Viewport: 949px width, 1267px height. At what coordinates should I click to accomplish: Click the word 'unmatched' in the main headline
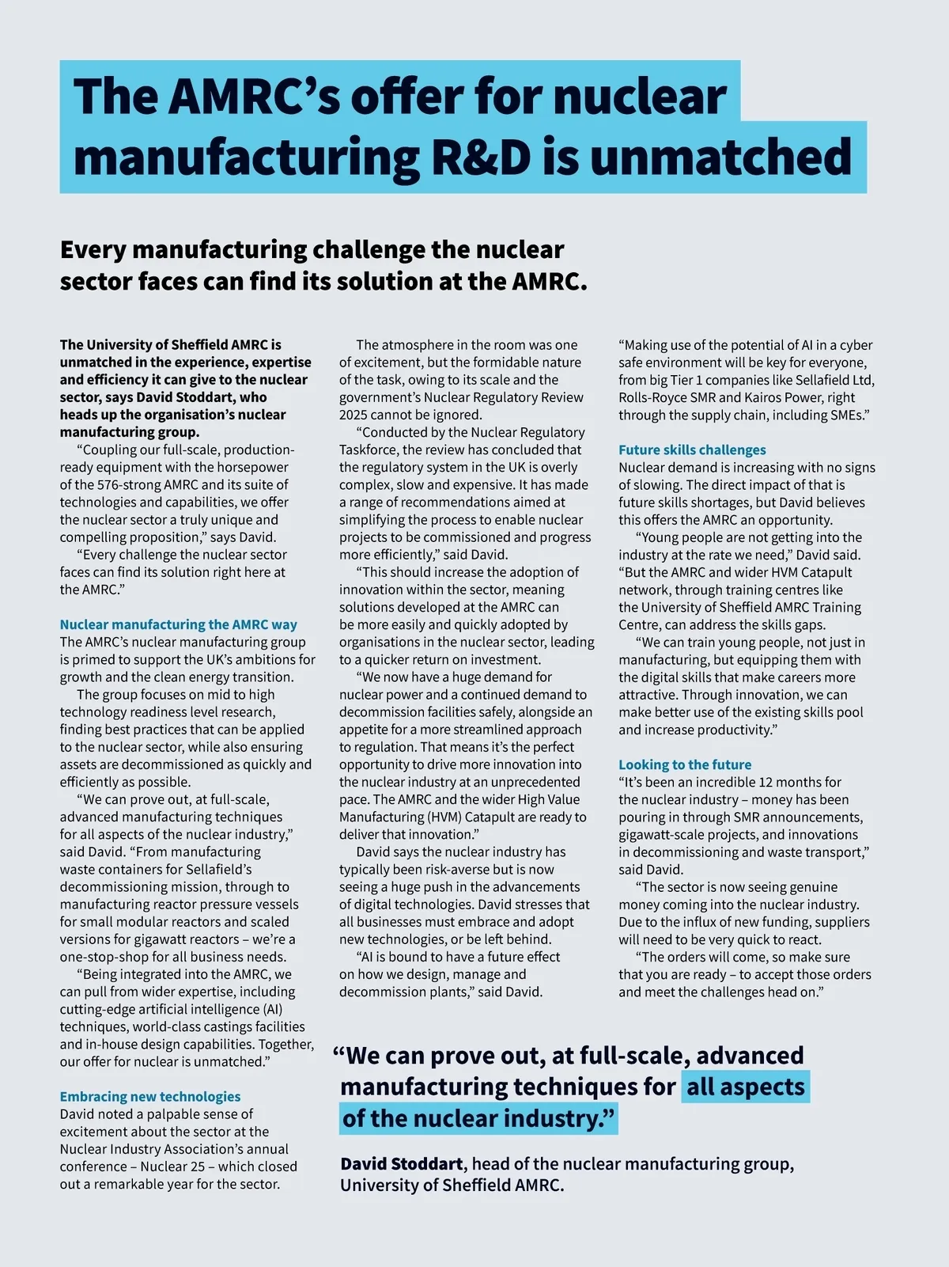(720, 157)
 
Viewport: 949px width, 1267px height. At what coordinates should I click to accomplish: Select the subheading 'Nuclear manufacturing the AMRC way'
(179, 624)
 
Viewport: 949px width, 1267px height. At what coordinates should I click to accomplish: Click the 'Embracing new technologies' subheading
(150, 1096)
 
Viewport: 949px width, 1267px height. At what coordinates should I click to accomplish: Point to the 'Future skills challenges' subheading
(692, 450)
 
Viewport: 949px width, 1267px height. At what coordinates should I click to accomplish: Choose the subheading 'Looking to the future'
(685, 764)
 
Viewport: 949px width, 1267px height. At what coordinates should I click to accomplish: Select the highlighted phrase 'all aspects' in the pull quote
(745, 1087)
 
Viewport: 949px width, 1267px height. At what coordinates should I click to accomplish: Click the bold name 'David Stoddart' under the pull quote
(402, 1163)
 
